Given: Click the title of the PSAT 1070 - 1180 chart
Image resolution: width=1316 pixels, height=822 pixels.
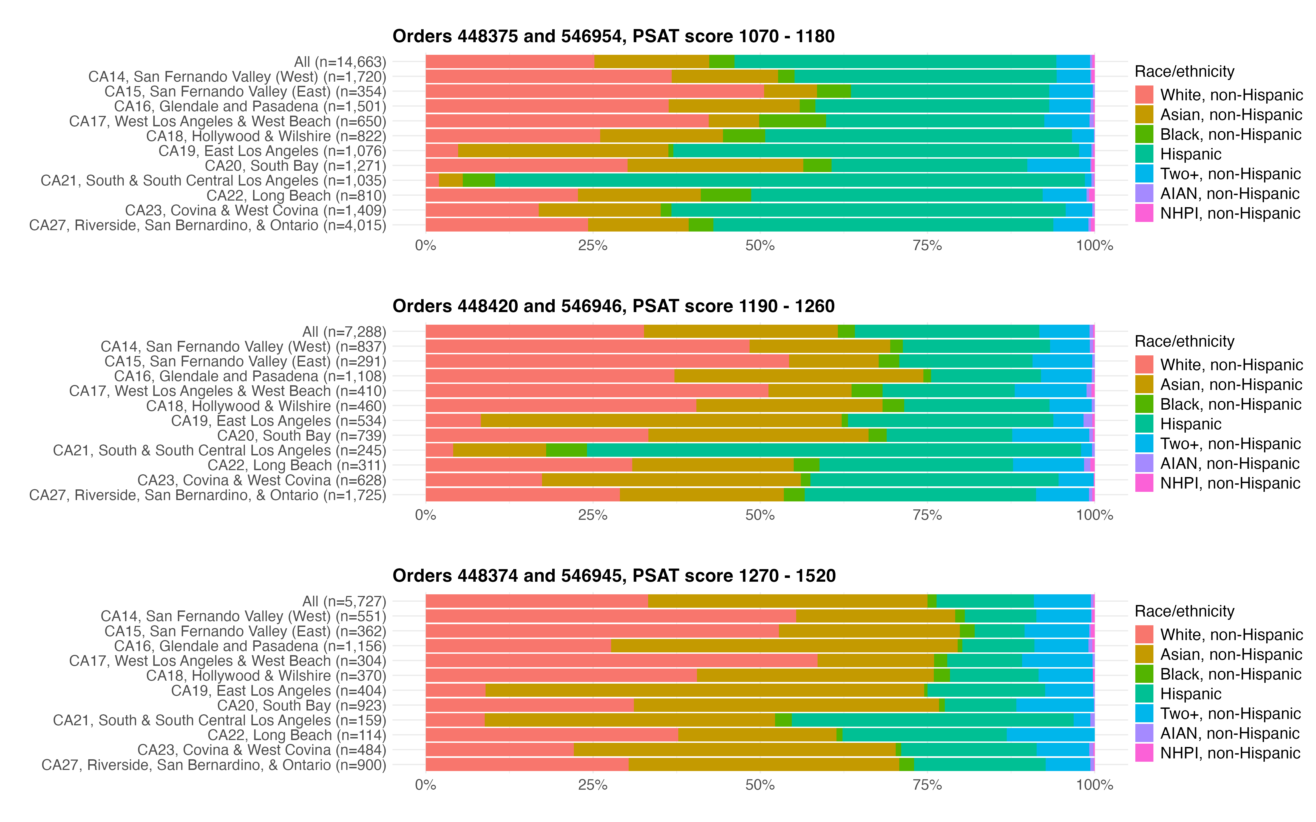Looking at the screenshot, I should click(x=613, y=36).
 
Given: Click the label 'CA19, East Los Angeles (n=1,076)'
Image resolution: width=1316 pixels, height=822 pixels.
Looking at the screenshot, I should click(x=272, y=151).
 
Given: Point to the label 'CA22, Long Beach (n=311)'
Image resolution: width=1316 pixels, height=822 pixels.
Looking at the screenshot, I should click(x=296, y=465).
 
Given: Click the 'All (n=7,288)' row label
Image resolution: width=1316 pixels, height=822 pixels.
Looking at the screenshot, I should click(x=344, y=332).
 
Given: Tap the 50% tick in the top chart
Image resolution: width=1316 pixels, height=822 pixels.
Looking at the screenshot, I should click(x=760, y=246).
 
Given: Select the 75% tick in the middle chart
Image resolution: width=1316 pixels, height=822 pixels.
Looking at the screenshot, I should click(x=927, y=515).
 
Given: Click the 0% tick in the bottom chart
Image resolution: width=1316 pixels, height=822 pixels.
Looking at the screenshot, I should click(x=425, y=785).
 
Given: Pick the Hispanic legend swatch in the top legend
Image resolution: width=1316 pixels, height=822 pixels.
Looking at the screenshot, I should click(x=1144, y=154).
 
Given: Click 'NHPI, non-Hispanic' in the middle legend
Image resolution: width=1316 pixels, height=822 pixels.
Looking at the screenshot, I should click(x=1230, y=483).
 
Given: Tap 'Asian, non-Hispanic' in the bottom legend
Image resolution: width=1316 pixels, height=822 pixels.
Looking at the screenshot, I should click(x=1231, y=655).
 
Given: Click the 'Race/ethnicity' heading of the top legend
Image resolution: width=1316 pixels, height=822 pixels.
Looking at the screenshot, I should click(x=1184, y=72).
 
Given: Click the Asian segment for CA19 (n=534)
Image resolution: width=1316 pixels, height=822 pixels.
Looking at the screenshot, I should click(x=661, y=421).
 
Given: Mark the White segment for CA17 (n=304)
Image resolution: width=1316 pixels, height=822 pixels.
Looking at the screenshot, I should click(x=621, y=661).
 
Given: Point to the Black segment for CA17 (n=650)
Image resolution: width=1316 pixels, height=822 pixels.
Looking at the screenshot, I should click(x=792, y=121).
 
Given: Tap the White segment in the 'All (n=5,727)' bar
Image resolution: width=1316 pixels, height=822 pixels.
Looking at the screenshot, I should click(x=536, y=601).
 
